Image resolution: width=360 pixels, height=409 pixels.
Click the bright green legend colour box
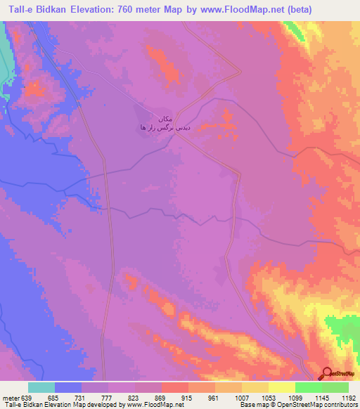(309, 387)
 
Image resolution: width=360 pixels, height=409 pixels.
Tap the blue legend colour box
(68, 387)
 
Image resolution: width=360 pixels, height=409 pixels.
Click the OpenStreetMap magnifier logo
(328, 374)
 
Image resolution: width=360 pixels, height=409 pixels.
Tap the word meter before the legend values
(11, 398)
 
